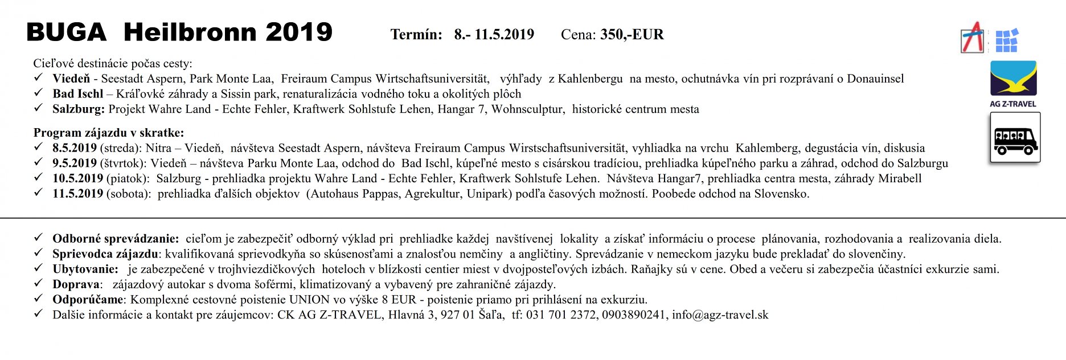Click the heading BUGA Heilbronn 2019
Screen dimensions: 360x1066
tap(179, 32)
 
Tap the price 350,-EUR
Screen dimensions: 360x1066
tap(632, 35)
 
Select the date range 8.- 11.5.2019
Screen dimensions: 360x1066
tap(494, 35)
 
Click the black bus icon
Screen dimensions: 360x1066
tap(1015, 138)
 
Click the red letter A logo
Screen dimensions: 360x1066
tap(973, 38)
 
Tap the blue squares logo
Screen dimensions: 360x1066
tap(1006, 40)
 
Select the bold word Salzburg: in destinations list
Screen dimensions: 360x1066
tap(79, 109)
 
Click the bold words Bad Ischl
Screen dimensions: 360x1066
tap(78, 94)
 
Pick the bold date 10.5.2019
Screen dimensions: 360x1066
tap(78, 179)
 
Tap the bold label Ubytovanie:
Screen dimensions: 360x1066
tap(85, 269)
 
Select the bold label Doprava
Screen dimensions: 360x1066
tap(77, 284)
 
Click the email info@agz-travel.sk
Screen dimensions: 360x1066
tap(720, 315)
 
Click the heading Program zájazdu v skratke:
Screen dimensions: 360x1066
tap(109, 133)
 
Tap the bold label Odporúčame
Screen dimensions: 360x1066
tap(88, 300)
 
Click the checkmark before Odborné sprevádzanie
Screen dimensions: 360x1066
tap(38, 238)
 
